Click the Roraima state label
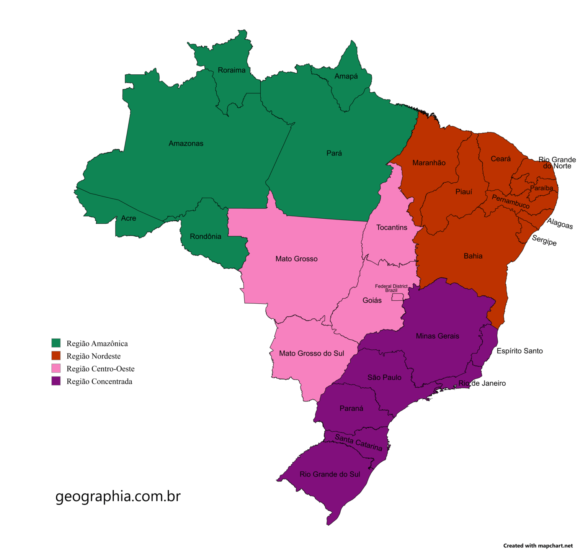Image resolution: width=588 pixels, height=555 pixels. tap(232, 70)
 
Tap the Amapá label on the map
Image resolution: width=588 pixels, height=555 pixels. tap(346, 76)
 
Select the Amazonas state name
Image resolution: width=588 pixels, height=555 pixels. tap(186, 144)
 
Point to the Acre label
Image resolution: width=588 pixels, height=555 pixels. tap(129, 218)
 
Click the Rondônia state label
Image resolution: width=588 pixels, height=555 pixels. tap(206, 237)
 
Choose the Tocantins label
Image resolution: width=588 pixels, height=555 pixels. tap(392, 228)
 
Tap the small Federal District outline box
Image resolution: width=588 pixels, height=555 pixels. tap(397, 297)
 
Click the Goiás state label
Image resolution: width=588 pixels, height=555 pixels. tap(372, 301)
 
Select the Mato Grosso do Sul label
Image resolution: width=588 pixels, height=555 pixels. tap(312, 354)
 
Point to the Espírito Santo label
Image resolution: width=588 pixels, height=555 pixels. tap(519, 351)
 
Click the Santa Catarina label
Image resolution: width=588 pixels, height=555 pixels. tap(359, 442)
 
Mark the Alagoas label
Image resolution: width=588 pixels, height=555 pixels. tap(560, 223)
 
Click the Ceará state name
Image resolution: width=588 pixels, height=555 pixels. tap(501, 159)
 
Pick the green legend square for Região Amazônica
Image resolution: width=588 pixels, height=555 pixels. tap(56, 343)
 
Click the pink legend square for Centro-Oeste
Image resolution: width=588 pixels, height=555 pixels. tap(56, 368)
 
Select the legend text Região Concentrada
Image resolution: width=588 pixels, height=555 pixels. tap(100, 381)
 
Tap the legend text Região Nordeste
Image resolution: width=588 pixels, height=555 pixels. tap(93, 356)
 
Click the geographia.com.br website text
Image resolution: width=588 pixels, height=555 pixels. tap(118, 496)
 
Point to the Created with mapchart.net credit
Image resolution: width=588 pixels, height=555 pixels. tap(538, 546)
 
